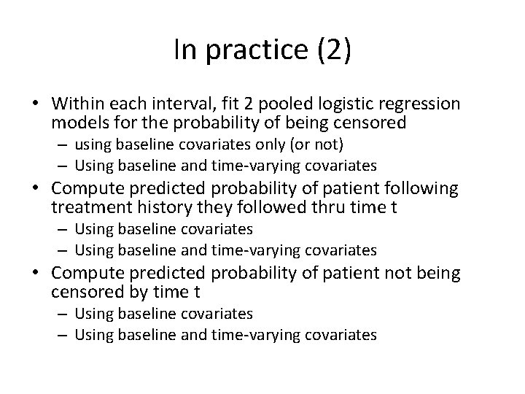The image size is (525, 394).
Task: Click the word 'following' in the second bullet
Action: pos(421,189)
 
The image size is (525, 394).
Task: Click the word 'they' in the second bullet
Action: pos(212,208)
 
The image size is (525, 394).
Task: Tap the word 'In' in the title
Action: pos(185,50)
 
